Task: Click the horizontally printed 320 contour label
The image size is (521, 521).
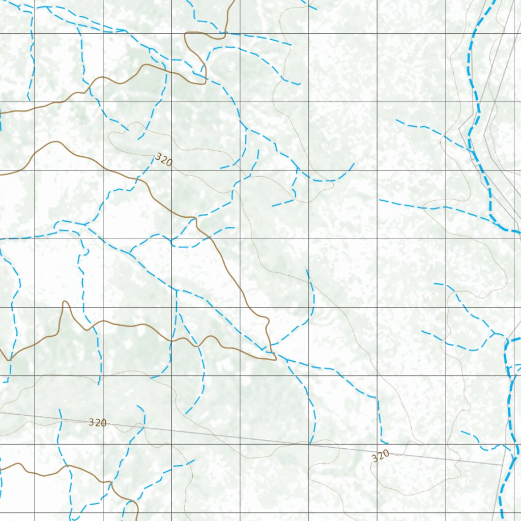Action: pyautogui.click(x=97, y=422)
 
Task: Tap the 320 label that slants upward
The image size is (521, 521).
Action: pyautogui.click(x=381, y=455)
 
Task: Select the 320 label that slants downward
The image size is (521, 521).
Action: pyautogui.click(x=164, y=160)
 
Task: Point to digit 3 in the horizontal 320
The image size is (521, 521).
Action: pyautogui.click(x=92, y=422)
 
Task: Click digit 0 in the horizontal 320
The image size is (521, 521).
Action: pyautogui.click(x=103, y=422)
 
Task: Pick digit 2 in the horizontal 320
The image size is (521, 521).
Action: pyautogui.click(x=97, y=422)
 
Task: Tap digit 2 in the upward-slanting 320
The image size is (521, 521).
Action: pyautogui.click(x=381, y=455)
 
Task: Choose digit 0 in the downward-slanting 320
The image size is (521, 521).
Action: pyautogui.click(x=169, y=163)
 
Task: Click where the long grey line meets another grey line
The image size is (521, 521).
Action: pyautogui.click(x=503, y=464)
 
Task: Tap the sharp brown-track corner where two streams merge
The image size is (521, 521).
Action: pyautogui.click(x=275, y=358)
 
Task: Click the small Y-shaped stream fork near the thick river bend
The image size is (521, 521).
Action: pyautogui.click(x=494, y=333)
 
